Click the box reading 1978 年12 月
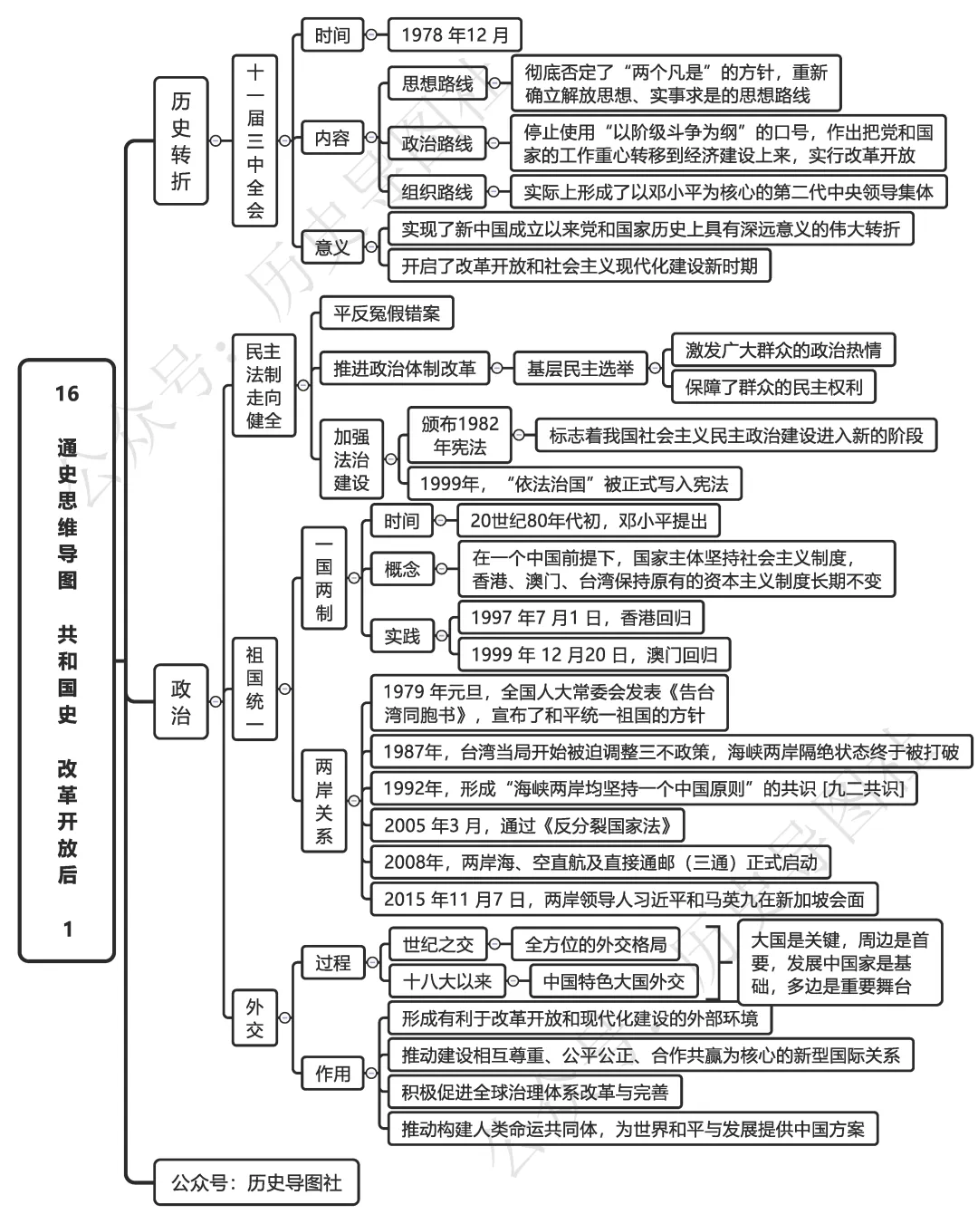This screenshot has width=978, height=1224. tap(455, 35)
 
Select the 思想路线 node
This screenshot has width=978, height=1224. tap(436, 84)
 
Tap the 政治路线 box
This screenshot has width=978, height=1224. tap(436, 143)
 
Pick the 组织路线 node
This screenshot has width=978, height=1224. tap(436, 192)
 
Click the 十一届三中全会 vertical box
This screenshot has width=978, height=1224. tap(255, 140)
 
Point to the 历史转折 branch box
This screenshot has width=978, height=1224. tap(181, 140)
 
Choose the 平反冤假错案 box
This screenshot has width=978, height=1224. tap(386, 313)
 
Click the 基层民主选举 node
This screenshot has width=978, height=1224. tap(580, 369)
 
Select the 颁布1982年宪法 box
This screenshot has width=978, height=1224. tap(459, 435)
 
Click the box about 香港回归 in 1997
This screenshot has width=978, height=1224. tap(580, 618)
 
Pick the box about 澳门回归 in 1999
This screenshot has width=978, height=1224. tap(593, 654)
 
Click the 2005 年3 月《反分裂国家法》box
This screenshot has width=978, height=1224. tap(527, 825)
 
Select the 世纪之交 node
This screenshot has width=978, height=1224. tap(437, 945)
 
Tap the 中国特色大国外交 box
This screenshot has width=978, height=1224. tap(613, 981)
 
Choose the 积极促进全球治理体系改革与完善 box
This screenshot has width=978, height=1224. tap(534, 1092)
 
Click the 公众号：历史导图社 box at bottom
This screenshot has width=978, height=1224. tap(256, 1182)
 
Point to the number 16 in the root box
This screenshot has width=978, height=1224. tap(67, 393)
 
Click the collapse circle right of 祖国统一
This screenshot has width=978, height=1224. tap(284, 689)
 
